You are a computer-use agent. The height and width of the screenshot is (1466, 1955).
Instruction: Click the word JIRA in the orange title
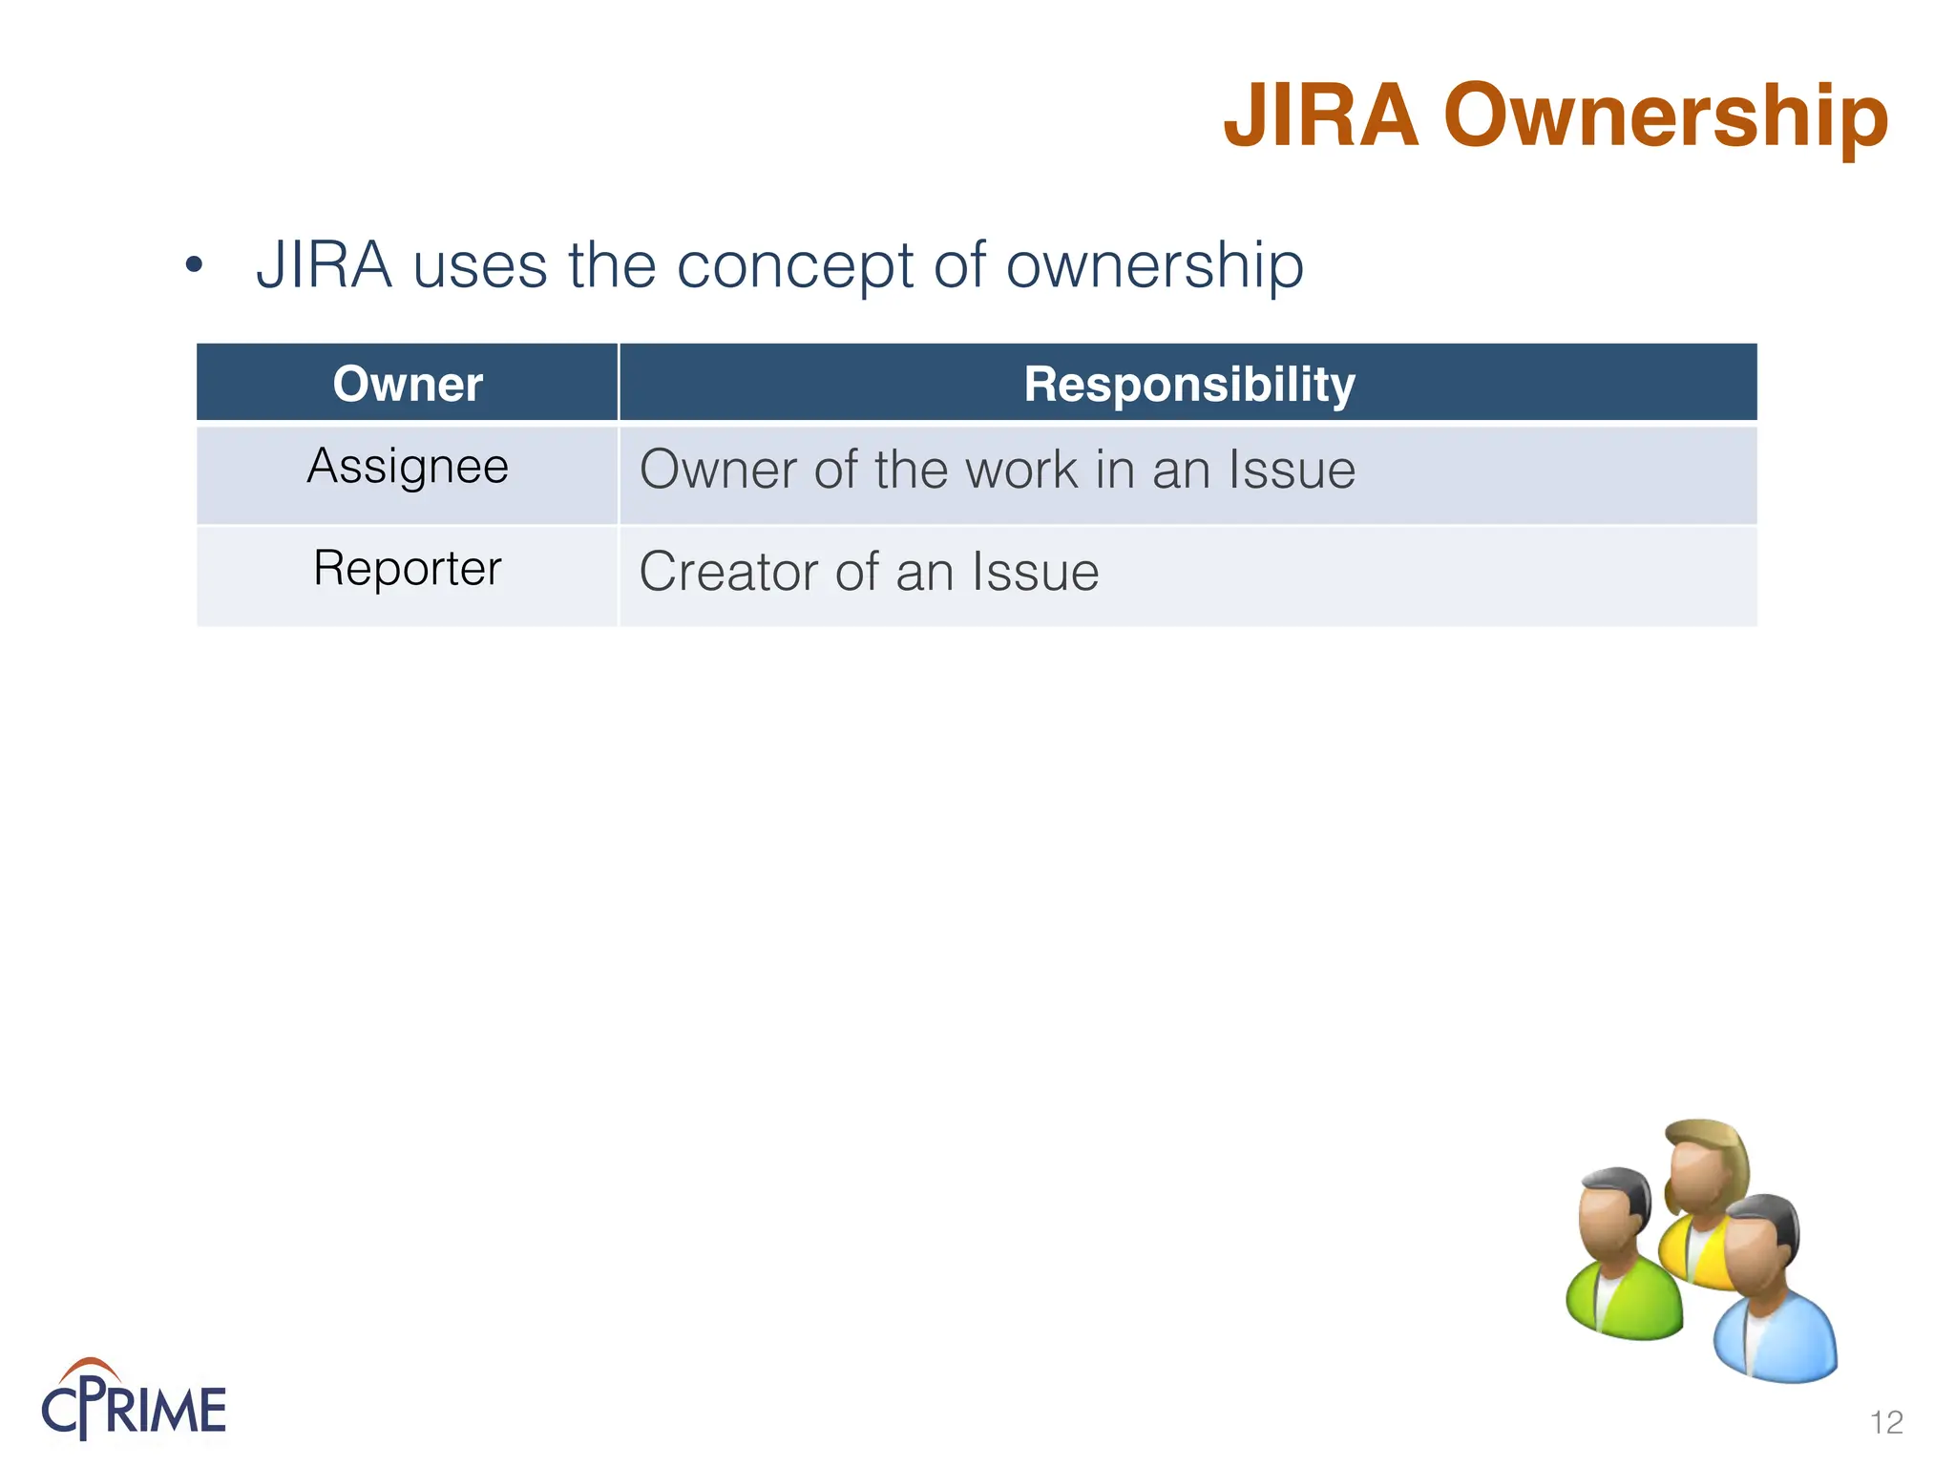[1321, 116]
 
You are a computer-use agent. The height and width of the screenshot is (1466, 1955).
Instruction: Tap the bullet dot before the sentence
[195, 264]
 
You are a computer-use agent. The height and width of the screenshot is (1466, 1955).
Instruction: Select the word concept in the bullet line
[794, 267]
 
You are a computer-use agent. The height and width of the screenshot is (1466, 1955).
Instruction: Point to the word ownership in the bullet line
[1155, 265]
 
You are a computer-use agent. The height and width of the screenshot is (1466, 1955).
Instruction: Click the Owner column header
[408, 384]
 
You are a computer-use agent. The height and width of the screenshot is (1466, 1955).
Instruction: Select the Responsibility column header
[1188, 385]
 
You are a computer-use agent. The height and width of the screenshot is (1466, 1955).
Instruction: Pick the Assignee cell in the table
[408, 468]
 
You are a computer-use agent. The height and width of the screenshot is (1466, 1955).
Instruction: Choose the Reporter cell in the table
[408, 569]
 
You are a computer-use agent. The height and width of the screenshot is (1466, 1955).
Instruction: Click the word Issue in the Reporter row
[1035, 572]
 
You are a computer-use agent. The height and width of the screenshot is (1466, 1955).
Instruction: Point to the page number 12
[1886, 1422]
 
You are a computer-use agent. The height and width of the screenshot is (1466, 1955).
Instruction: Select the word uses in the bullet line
[480, 265]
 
